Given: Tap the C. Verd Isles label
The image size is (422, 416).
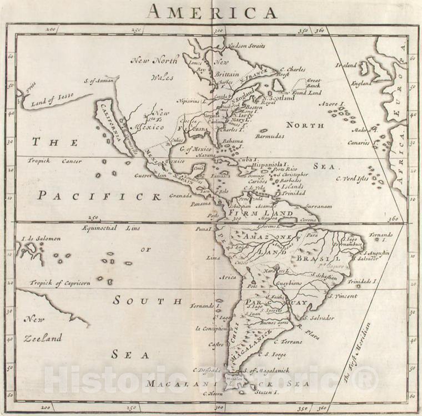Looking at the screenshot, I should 352,179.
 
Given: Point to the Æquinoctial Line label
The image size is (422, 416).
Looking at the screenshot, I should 110,228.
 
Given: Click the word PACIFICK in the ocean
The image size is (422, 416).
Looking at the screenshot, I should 99,196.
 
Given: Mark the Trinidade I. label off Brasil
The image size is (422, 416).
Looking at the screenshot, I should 362,282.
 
